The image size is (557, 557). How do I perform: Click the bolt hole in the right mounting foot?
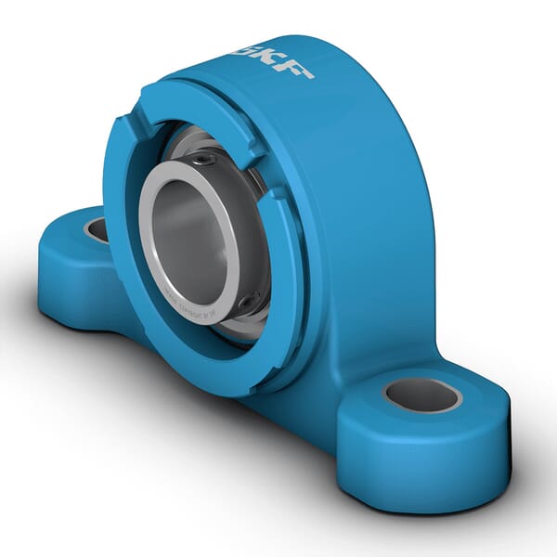[422, 395]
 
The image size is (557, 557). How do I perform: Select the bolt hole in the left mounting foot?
[97, 229]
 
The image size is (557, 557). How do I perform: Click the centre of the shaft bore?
[190, 232]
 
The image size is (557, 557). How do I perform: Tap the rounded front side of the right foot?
[418, 464]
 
